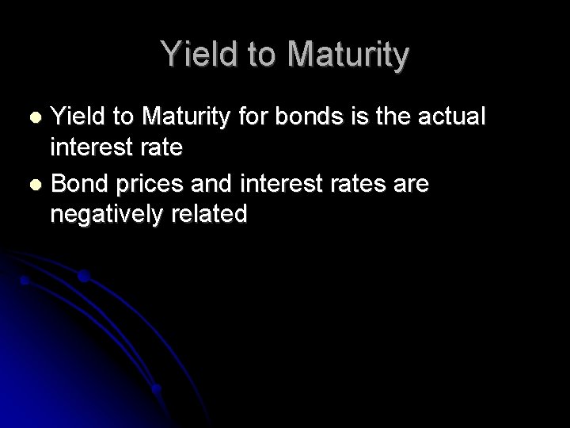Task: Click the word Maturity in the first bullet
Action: tap(181, 117)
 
